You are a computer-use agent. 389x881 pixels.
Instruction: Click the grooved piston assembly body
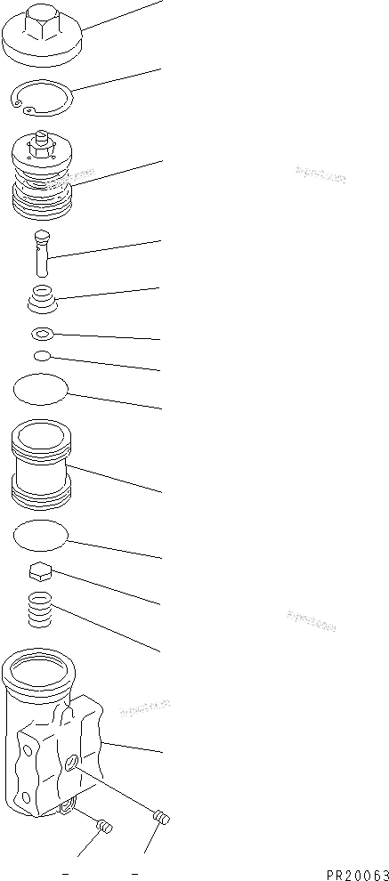tap(45, 191)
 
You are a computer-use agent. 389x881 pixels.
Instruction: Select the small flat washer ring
tap(42, 334)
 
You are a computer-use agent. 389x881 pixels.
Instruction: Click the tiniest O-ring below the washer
tap(41, 357)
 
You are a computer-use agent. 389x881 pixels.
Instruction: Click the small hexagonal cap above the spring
tap(41, 572)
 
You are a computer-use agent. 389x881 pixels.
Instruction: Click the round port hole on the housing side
tap(71, 762)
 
